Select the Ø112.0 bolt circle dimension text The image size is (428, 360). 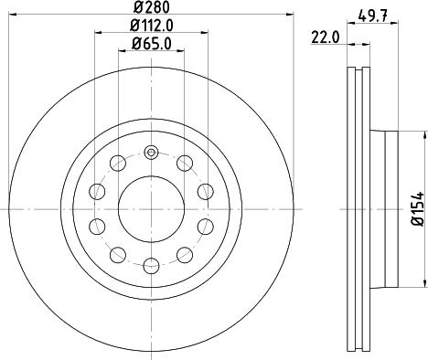coord(150,26)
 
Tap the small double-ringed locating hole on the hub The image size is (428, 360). coord(152,152)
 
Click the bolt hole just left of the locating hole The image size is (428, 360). coord(118,164)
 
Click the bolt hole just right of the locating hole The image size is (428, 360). coord(186,164)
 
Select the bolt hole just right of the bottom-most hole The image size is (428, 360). coord(185,254)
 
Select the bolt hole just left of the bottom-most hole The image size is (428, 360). coord(118,254)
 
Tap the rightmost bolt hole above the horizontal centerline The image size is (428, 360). coord(204,192)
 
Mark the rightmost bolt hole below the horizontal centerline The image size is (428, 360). coord(204,227)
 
